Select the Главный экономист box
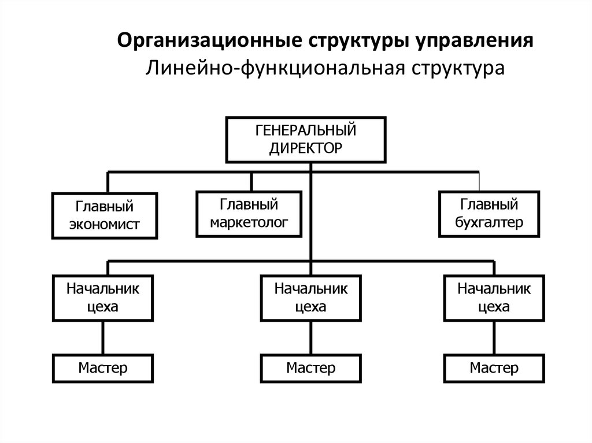click(x=105, y=215)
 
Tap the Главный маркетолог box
click(x=249, y=213)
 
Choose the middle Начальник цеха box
click(x=311, y=297)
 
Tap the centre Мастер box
click(x=311, y=368)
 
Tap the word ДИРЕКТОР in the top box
click(x=306, y=147)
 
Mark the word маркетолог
click(x=249, y=222)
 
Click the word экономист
click(x=105, y=224)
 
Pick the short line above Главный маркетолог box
click(x=251, y=181)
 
